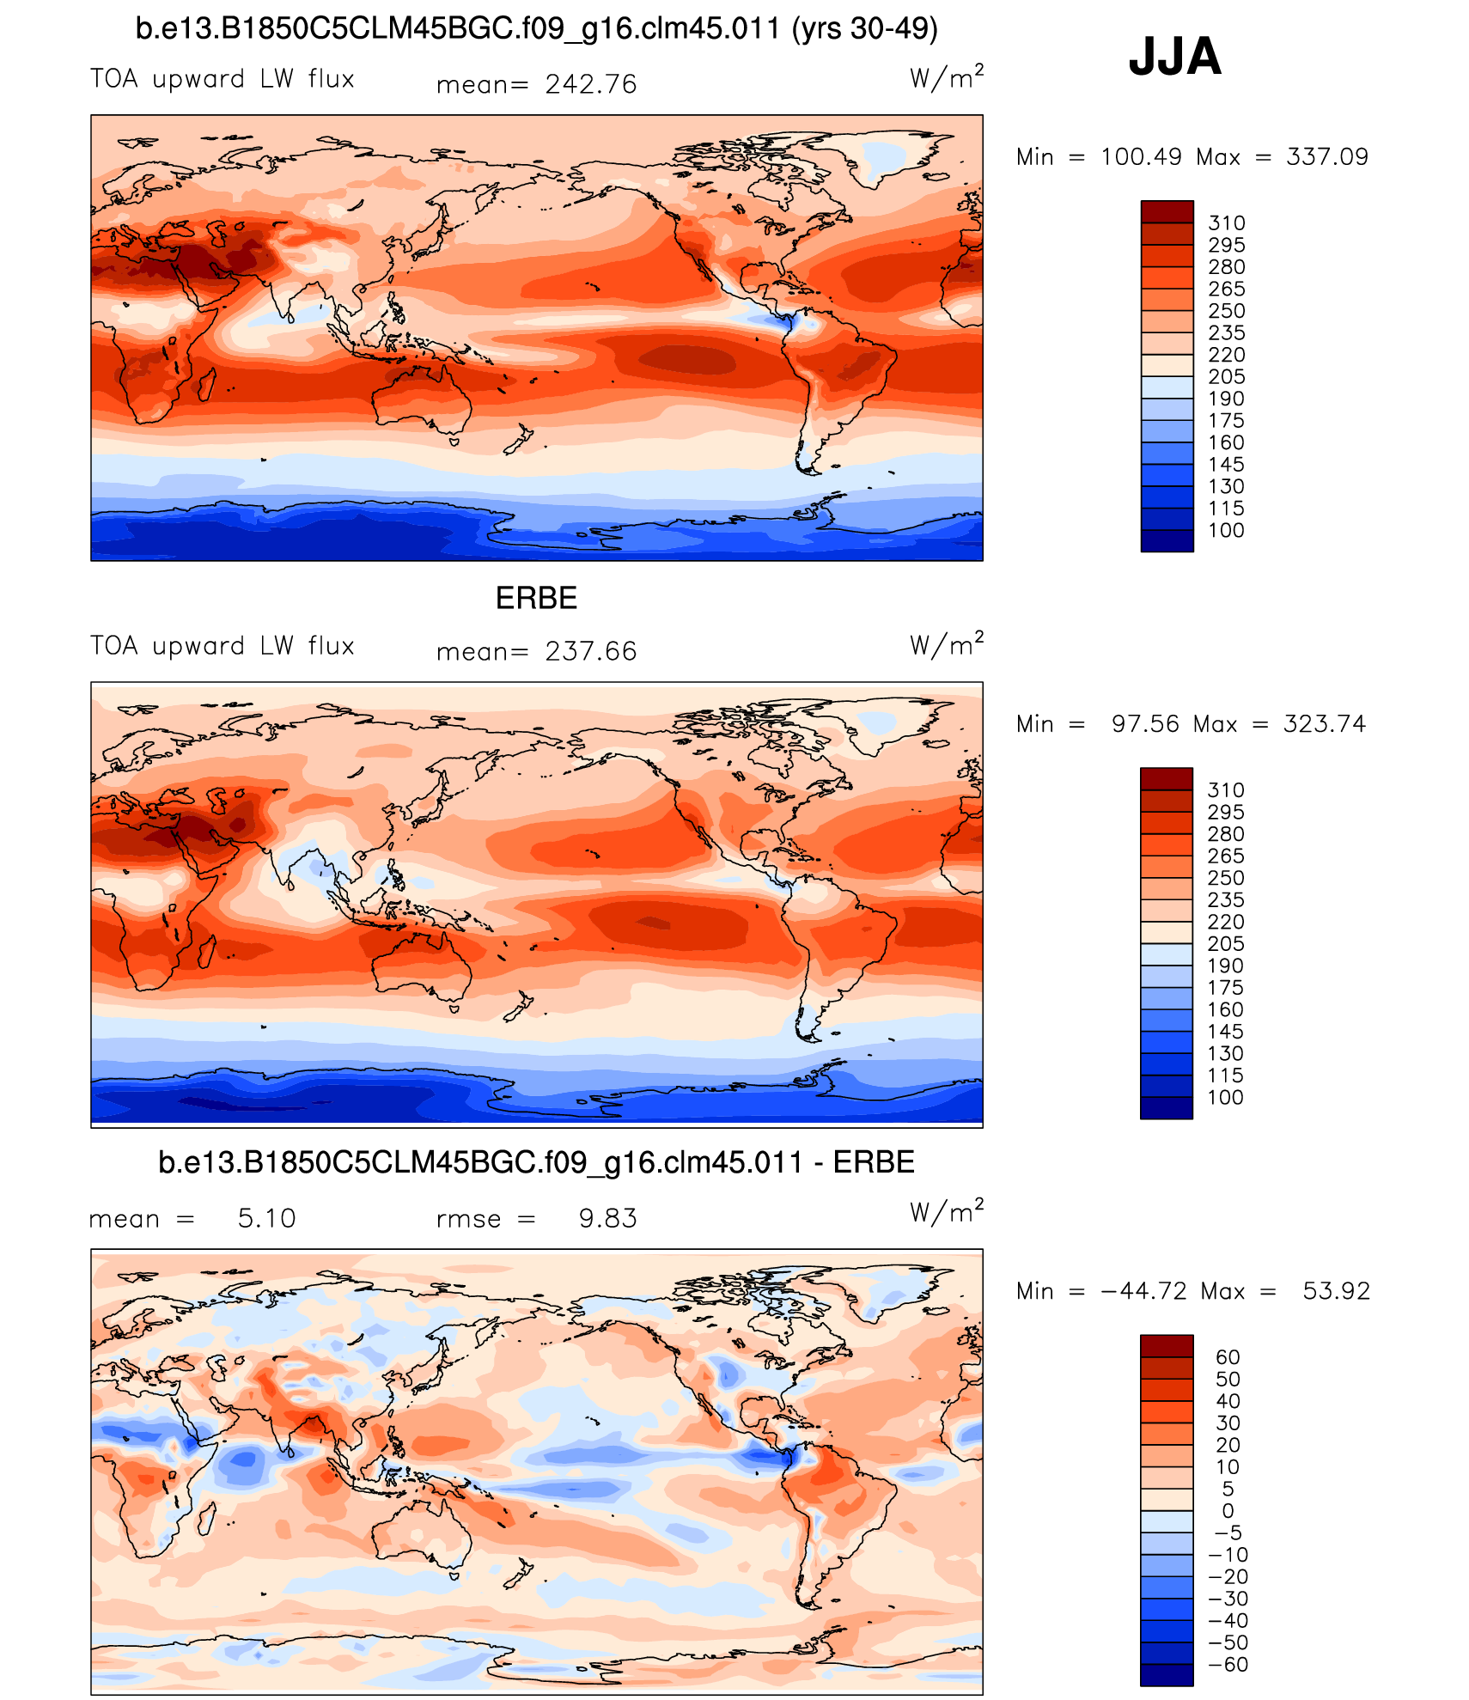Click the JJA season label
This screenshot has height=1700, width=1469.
point(1174,57)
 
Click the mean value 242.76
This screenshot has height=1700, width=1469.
point(590,84)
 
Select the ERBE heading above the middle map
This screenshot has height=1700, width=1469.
point(536,598)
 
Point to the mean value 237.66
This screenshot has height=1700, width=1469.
point(590,651)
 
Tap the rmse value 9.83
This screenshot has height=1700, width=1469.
point(607,1218)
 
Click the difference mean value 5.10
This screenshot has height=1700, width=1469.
point(266,1218)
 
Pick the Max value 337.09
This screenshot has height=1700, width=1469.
point(1326,156)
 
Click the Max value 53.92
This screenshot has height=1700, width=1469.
point(1336,1290)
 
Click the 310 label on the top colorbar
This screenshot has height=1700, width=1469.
point(1226,222)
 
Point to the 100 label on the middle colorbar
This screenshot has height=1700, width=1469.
point(1225,1097)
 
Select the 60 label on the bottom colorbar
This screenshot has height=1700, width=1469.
point(1228,1356)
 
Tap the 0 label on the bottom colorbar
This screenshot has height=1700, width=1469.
point(1228,1510)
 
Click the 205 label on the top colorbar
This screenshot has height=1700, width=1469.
point(1226,376)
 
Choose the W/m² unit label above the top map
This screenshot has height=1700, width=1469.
point(946,78)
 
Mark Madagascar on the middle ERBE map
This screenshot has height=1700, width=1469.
point(206,951)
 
